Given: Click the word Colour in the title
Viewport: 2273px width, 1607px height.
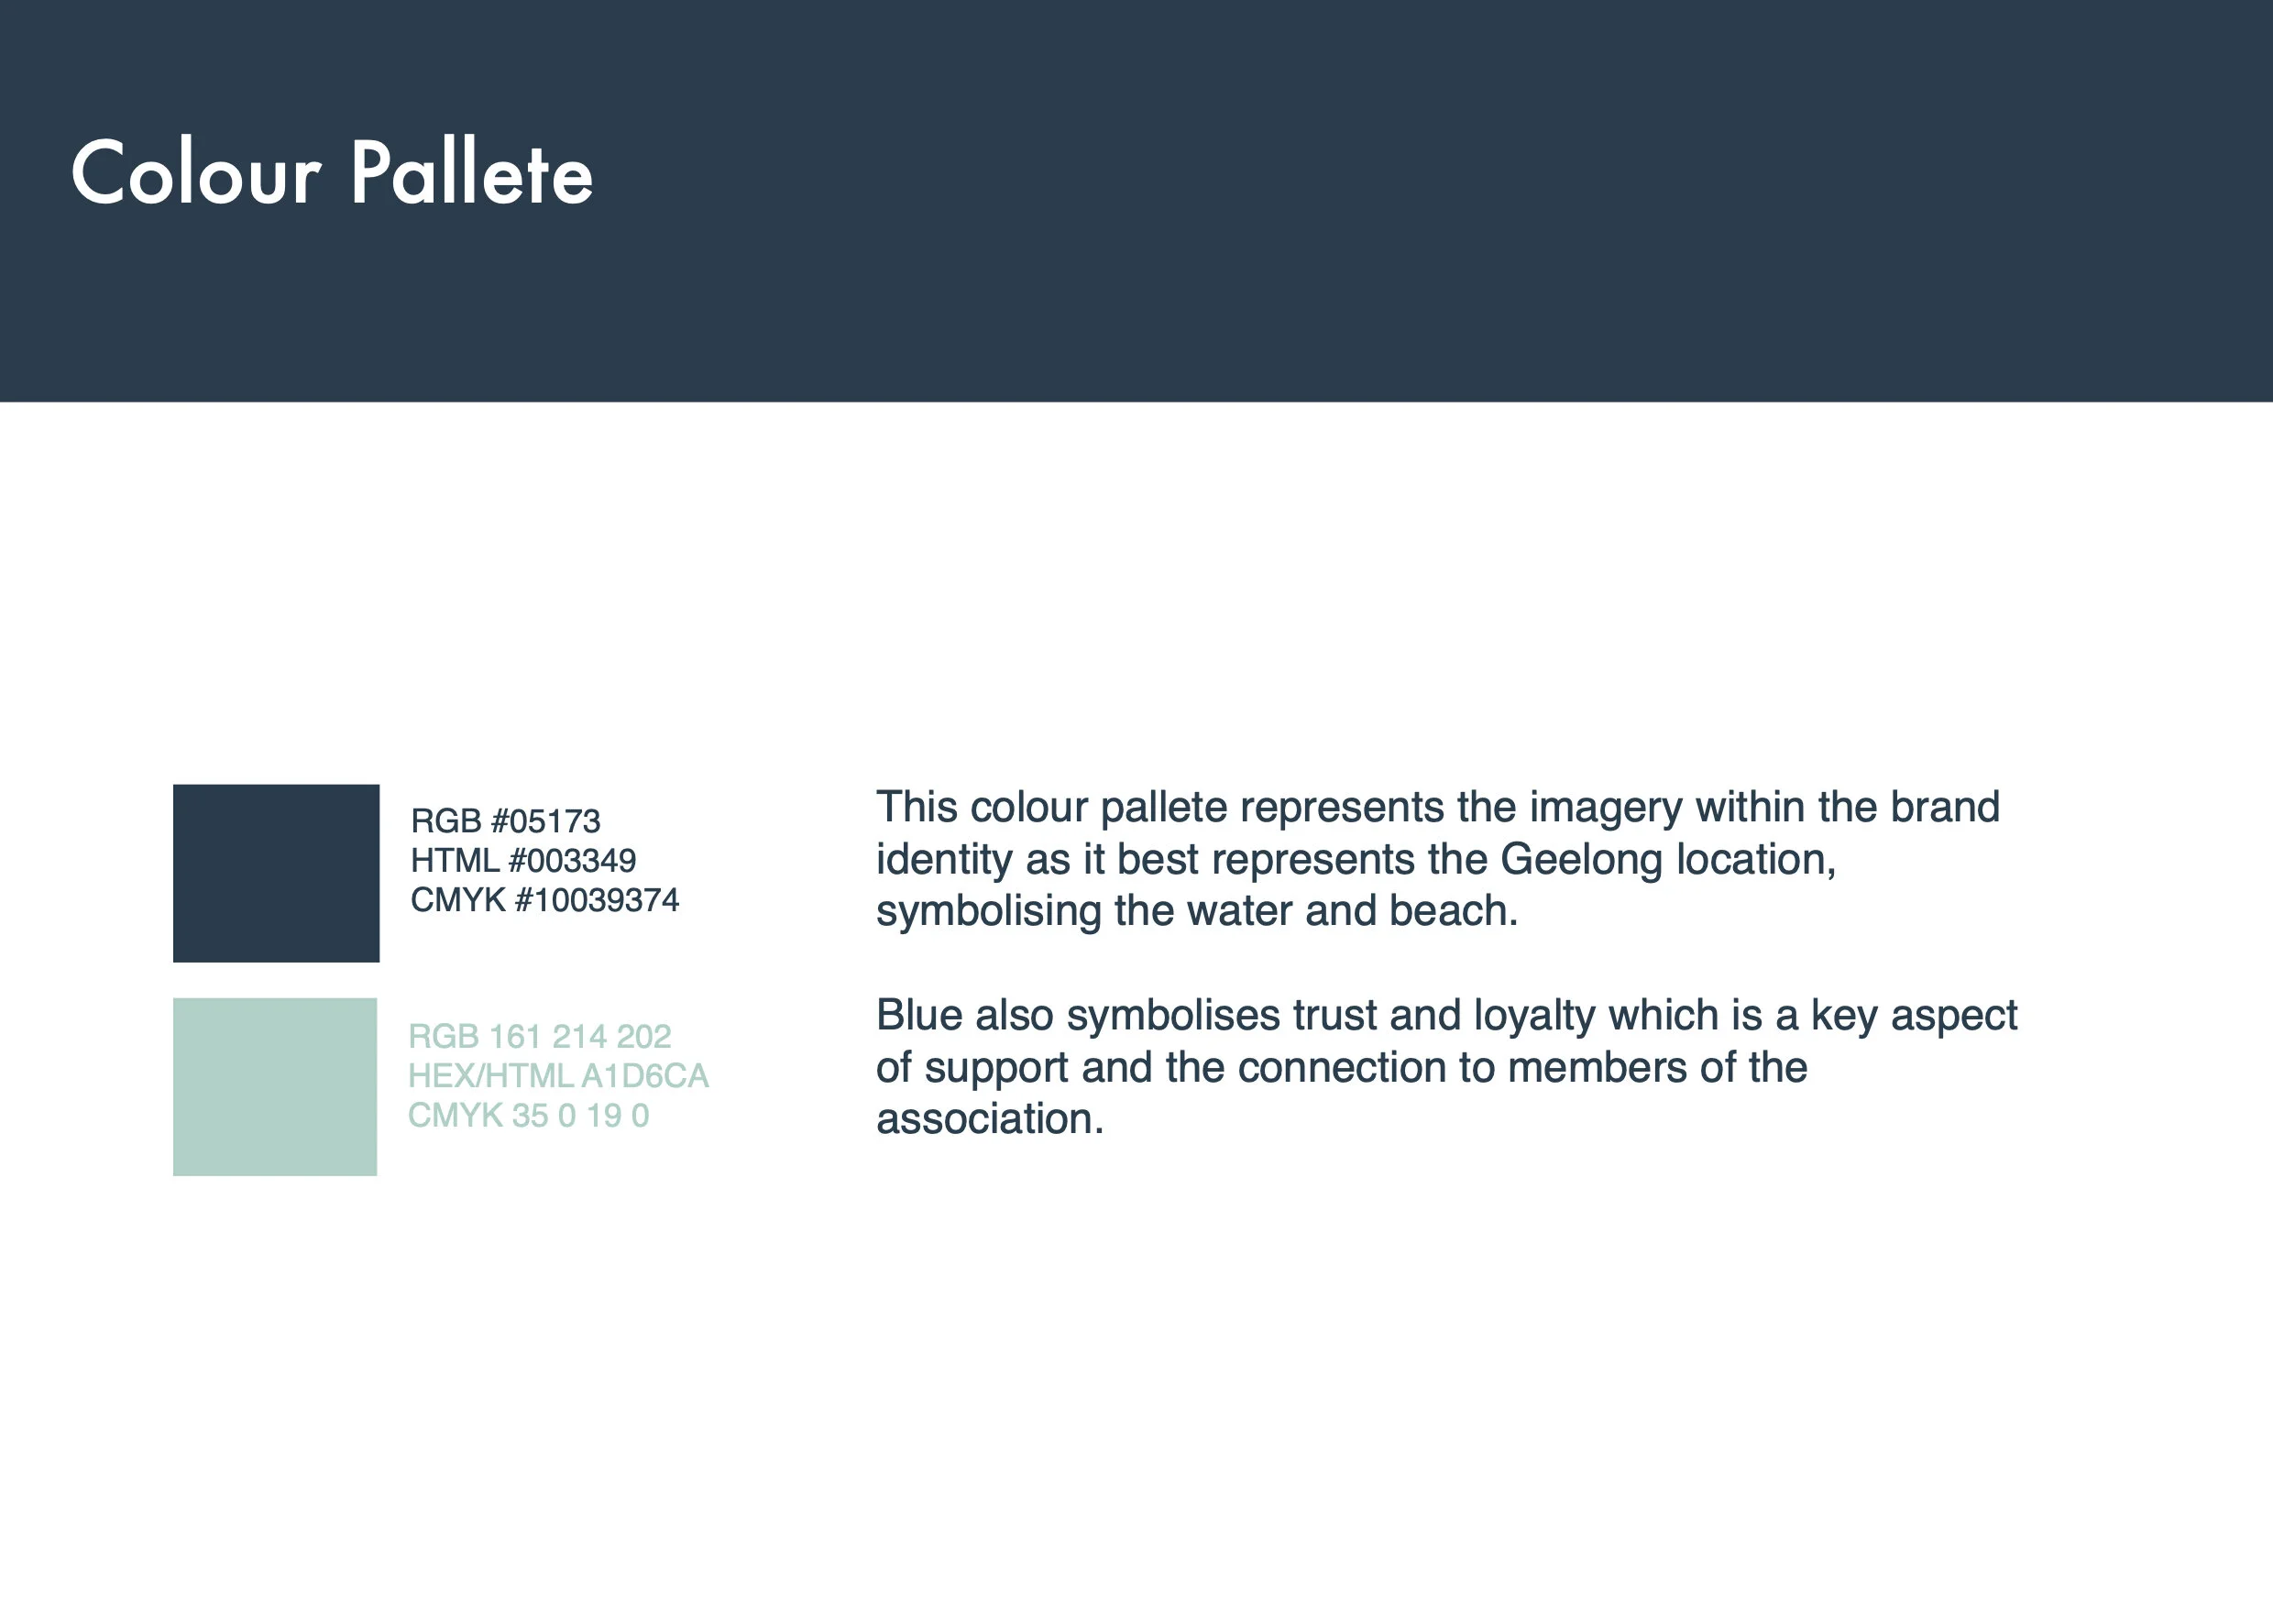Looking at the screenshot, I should pyautogui.click(x=196, y=173).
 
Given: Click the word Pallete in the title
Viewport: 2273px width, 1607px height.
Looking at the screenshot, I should pyautogui.click(x=471, y=173).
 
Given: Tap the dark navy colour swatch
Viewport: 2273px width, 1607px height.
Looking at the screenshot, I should pyautogui.click(x=276, y=873).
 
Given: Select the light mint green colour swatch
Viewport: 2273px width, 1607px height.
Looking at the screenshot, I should pyautogui.click(x=275, y=1086).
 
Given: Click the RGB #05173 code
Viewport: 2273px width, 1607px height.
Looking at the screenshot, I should pyautogui.click(x=505, y=820).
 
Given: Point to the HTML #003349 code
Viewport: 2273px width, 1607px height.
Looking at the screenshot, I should pyautogui.click(x=522, y=861).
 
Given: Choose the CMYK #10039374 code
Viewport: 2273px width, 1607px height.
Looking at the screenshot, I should pyautogui.click(x=544, y=900).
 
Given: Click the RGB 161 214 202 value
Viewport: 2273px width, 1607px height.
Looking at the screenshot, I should pyautogui.click(x=540, y=1036).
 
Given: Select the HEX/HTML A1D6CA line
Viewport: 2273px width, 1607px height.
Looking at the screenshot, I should pyautogui.click(x=558, y=1075).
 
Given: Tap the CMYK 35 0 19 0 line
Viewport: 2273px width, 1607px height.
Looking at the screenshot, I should pyautogui.click(x=529, y=1115).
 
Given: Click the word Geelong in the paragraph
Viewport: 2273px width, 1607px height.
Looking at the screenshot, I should pyautogui.click(x=1580, y=860).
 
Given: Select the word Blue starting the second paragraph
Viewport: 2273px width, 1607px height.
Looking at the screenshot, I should pyautogui.click(x=918, y=1015).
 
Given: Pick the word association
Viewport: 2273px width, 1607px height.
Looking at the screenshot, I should pyautogui.click(x=989, y=1119).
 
